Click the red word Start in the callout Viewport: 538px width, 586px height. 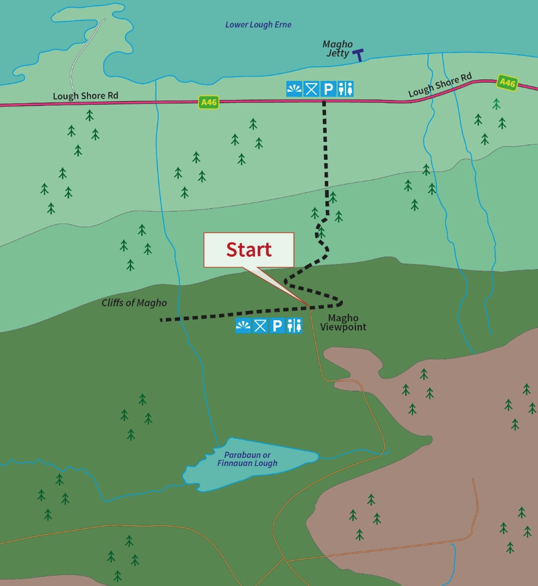(249, 250)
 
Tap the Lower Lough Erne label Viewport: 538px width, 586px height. (258, 25)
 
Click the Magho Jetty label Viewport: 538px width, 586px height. (337, 49)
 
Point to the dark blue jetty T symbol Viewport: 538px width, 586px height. (358, 54)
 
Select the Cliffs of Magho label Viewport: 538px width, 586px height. (134, 303)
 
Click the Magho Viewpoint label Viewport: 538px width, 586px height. (343, 323)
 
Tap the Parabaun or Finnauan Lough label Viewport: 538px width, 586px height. (247, 459)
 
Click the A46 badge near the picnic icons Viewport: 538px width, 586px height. (209, 102)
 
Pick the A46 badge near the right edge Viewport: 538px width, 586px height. (506, 83)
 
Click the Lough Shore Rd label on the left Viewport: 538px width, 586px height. (85, 96)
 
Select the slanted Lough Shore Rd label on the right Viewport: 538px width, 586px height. (440, 85)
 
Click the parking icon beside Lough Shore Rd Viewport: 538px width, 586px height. (328, 89)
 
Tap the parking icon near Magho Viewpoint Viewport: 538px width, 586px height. (277, 326)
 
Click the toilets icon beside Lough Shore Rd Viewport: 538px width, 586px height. (345, 89)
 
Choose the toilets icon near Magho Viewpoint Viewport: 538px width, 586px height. (294, 326)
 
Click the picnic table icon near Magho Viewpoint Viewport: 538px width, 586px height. (260, 326)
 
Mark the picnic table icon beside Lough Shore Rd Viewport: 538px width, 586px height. (311, 89)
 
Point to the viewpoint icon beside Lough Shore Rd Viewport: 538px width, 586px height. (294, 89)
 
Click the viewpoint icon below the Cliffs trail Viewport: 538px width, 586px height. (243, 326)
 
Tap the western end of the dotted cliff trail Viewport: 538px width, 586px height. (162, 320)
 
